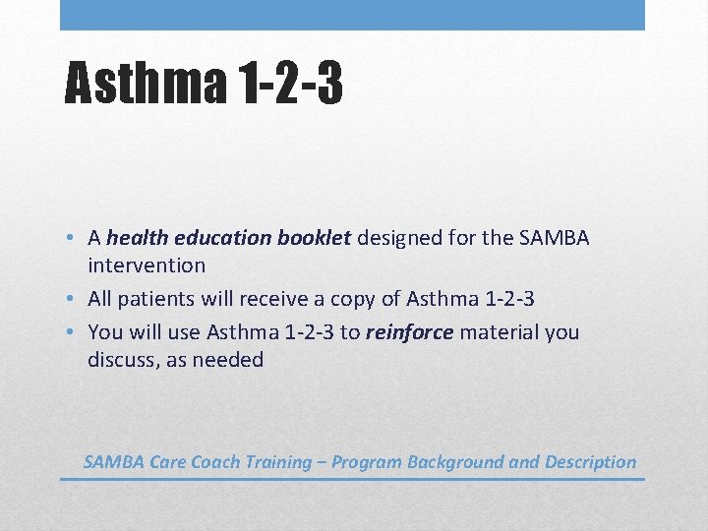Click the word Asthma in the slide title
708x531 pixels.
pos(146,82)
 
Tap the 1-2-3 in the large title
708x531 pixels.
pos(290,82)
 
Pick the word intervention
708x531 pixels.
pos(147,265)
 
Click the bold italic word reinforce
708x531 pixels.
pos(409,332)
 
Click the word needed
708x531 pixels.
pos(228,360)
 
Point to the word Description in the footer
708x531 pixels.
pos(590,462)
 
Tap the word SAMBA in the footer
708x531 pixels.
pos(113,462)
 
